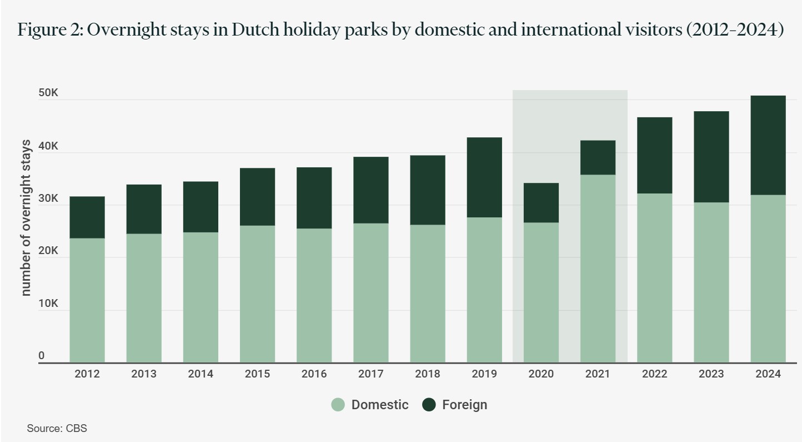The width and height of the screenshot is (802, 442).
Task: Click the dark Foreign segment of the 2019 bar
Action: (484, 177)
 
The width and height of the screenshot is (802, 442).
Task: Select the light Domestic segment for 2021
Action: (598, 269)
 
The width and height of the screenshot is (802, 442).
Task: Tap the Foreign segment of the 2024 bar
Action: (768, 145)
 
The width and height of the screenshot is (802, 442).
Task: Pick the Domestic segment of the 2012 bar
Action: (87, 300)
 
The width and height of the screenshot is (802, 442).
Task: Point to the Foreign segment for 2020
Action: (541, 202)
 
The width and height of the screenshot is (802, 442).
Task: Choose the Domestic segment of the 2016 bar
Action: (314, 295)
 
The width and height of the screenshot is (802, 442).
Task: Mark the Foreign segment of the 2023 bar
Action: (711, 157)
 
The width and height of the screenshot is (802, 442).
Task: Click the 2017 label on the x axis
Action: (371, 374)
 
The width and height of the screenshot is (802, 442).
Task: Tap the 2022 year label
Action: (654, 374)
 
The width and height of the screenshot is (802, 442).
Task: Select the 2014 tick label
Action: (200, 374)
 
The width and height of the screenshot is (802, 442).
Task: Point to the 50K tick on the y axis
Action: (48, 93)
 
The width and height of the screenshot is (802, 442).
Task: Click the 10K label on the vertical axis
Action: (48, 304)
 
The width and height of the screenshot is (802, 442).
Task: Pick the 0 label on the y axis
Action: (42, 356)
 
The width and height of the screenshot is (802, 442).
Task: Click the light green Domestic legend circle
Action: (338, 405)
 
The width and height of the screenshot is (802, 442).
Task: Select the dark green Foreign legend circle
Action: (428, 405)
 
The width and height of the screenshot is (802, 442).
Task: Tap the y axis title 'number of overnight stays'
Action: (26, 218)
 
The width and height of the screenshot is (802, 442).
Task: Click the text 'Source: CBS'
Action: (57, 429)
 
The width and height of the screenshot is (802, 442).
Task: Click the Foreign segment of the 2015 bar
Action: (257, 196)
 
